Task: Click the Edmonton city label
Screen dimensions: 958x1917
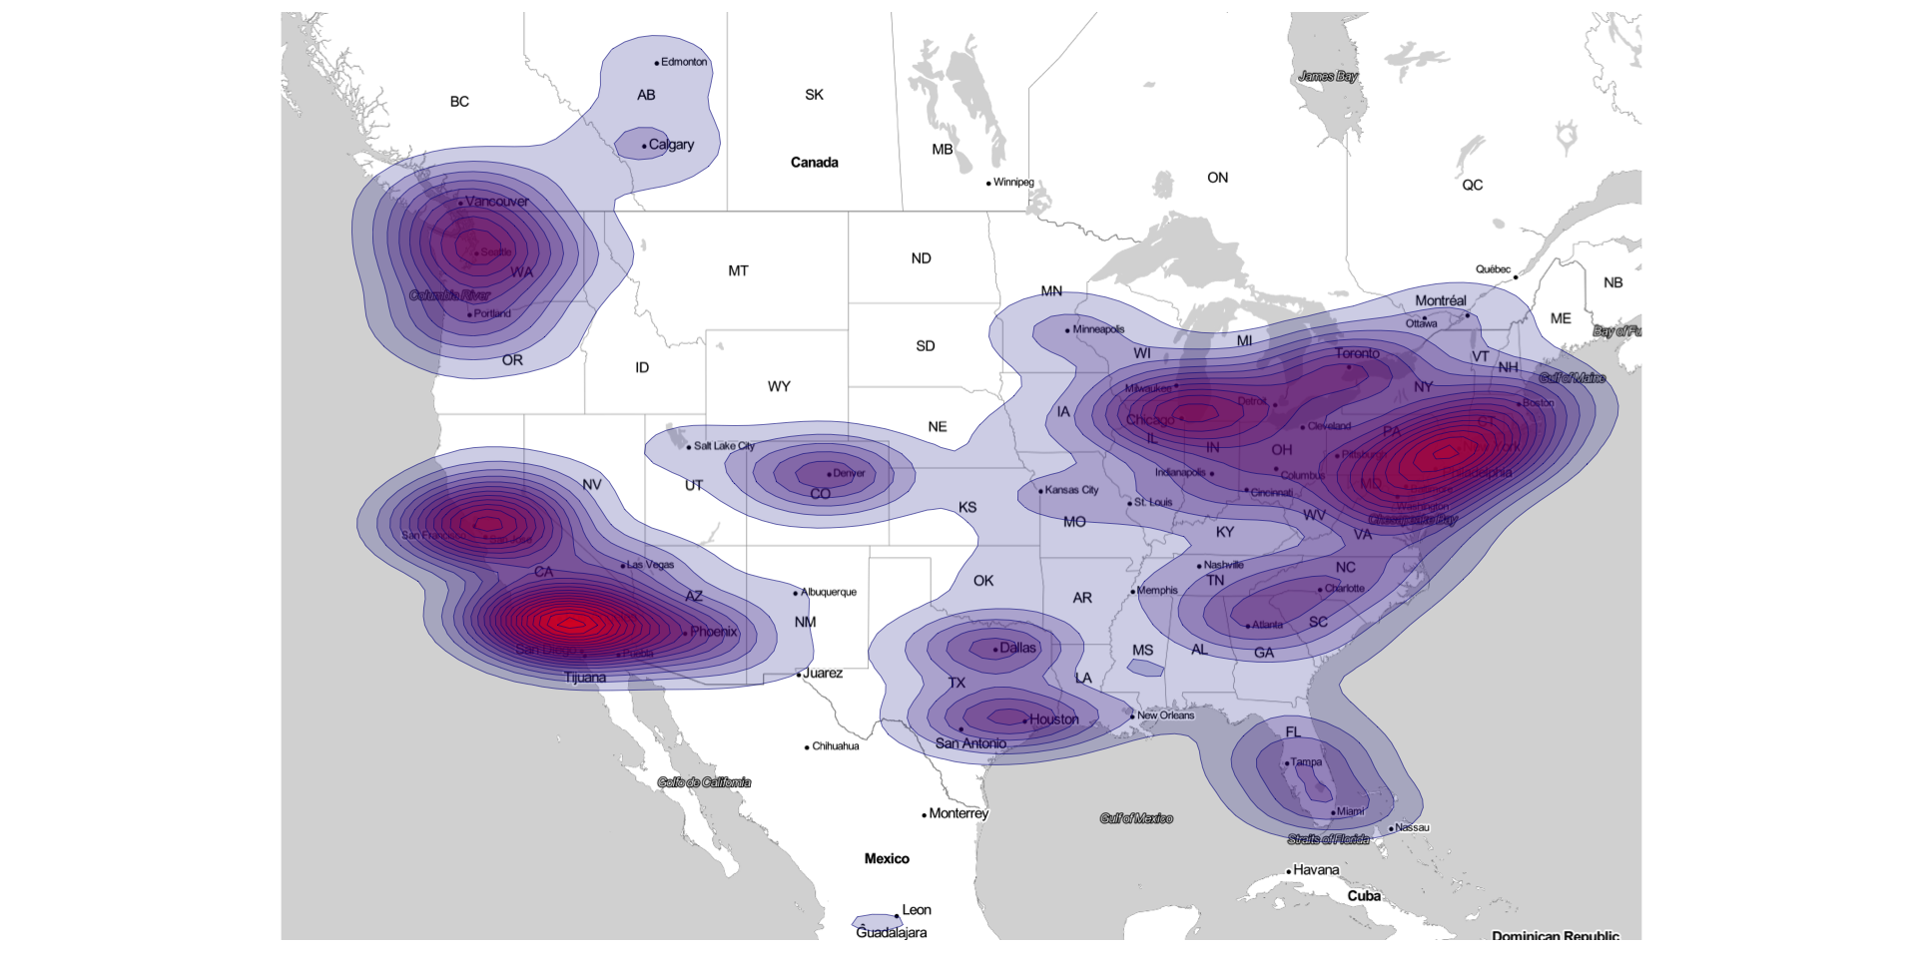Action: [684, 62]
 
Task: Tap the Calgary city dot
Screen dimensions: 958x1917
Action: [645, 146]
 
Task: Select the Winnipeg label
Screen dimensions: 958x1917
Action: [1013, 183]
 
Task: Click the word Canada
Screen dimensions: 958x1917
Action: [814, 163]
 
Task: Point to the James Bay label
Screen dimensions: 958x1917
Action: [1328, 77]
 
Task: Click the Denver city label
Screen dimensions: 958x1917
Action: [849, 473]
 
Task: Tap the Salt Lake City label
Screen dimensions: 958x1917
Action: [724, 446]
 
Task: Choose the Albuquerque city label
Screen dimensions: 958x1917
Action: [829, 592]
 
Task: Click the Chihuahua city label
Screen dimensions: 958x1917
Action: [836, 746]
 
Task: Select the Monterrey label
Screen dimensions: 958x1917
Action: [958, 813]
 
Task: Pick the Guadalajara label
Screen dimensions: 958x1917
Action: [892, 933]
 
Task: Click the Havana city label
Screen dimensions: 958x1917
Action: [1316, 870]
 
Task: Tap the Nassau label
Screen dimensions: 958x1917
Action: [1412, 827]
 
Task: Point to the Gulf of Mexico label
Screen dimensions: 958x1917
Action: [1136, 818]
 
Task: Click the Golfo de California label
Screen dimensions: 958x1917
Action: [704, 782]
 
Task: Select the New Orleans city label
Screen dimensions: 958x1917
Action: [1165, 716]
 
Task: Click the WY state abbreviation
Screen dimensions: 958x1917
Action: [779, 386]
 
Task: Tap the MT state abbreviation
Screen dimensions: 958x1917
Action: [738, 270]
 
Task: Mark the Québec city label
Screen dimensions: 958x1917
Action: [1493, 269]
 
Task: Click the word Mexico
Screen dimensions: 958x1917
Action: [887, 858]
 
